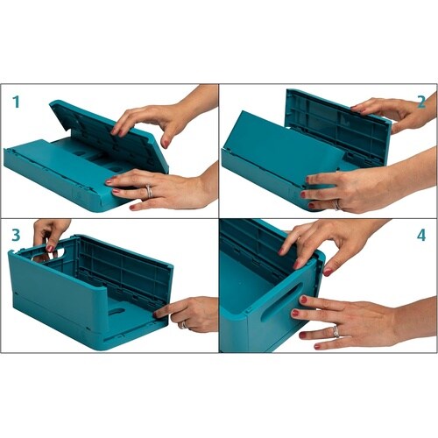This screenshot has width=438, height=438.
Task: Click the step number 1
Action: pyautogui.click(x=17, y=102)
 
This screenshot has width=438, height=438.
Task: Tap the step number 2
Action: pyautogui.click(x=421, y=102)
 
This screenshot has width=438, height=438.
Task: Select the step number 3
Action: pyautogui.click(x=16, y=235)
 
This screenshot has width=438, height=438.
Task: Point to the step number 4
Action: pyautogui.click(x=421, y=235)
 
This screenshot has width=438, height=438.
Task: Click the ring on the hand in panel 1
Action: pyautogui.click(x=149, y=191)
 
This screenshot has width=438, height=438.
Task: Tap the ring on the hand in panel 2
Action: pyautogui.click(x=337, y=205)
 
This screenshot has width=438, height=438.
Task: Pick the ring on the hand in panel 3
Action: pyautogui.click(x=184, y=325)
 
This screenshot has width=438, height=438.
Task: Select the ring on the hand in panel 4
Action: pyautogui.click(x=336, y=332)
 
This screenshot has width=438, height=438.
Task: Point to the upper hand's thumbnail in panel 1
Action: pyautogui.click(x=166, y=144)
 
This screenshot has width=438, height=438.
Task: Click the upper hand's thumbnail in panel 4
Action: pyautogui.click(x=328, y=272)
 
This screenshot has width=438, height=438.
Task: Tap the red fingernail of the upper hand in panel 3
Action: pyautogui.click(x=50, y=249)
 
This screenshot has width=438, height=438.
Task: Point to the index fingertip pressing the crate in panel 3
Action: pyautogui.click(x=158, y=314)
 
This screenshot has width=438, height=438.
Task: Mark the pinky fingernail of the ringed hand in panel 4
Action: pyautogui.click(x=317, y=346)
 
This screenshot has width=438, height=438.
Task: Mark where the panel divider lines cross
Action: pyautogui.click(x=219, y=218)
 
